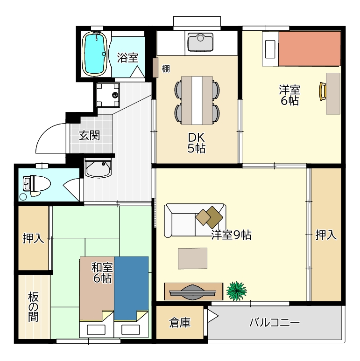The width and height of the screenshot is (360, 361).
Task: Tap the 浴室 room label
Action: click(127, 58)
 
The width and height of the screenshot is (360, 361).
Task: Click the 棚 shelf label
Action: click(165, 69)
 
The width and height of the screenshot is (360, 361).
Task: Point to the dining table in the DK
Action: click(197, 100)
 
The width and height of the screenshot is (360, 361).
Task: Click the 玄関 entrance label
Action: click(89, 136)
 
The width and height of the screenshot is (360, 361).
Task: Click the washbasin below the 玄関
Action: click(98, 168)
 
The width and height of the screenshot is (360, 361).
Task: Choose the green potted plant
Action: click(236, 289)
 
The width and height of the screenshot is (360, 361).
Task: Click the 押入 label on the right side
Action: click(326, 235)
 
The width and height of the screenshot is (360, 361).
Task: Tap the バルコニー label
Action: click(274, 323)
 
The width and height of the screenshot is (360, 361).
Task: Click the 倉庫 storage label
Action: click(180, 323)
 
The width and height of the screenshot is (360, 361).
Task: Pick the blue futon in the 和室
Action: click(131, 289)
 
